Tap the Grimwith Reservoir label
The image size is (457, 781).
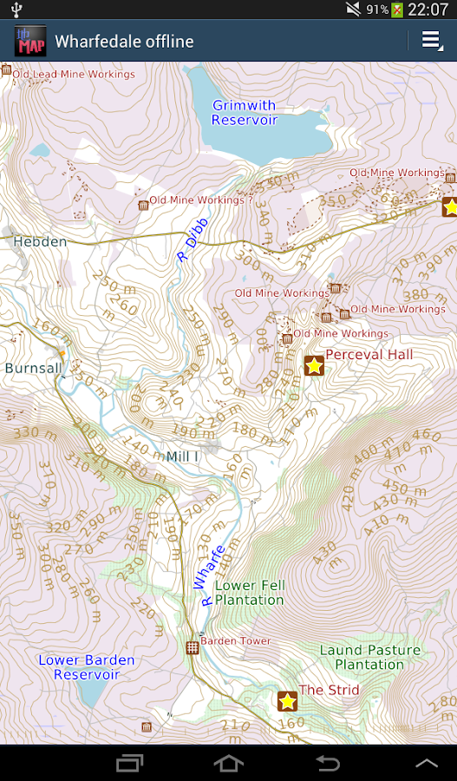[x=245, y=113]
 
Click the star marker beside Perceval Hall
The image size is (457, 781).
[x=314, y=365]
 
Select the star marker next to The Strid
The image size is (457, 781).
[x=288, y=700]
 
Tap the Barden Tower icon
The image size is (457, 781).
[x=193, y=647]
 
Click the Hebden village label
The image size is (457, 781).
[x=40, y=242]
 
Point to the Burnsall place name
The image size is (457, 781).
[x=33, y=368]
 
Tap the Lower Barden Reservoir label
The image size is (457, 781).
[x=87, y=667]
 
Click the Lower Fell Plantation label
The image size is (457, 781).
[x=249, y=593]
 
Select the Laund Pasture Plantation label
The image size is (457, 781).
[x=369, y=657]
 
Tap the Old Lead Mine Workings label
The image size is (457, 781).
[x=74, y=75]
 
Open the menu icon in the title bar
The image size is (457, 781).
[x=431, y=41]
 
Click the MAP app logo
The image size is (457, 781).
[x=30, y=41]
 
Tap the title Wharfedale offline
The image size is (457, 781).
[x=124, y=41]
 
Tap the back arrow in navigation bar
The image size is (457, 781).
[x=328, y=763]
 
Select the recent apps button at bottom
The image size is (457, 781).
[x=129, y=763]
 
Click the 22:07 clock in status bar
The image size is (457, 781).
[x=428, y=10]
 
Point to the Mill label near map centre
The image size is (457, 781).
[x=182, y=456]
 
